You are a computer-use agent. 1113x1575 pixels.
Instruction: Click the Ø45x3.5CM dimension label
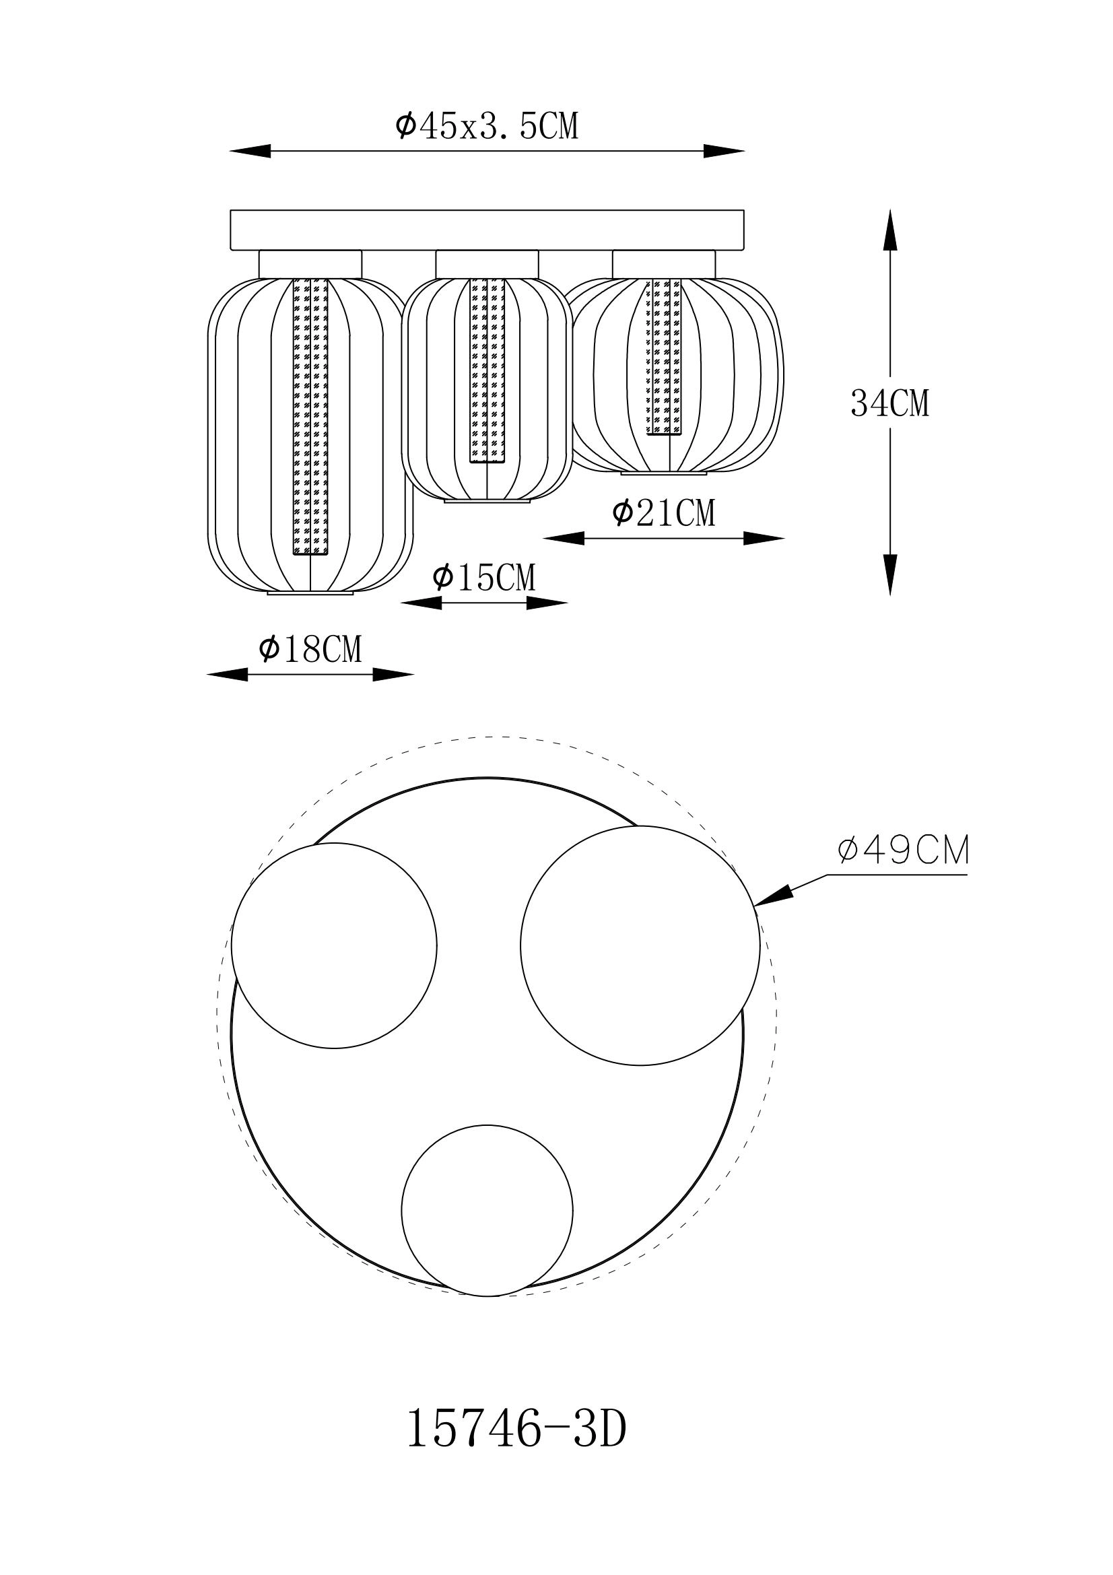tap(487, 127)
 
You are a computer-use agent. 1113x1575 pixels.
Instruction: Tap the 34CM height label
tap(889, 403)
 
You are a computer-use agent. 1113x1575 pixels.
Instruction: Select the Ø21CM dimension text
tap(663, 513)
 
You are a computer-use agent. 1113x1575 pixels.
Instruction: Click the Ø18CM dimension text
tap(310, 649)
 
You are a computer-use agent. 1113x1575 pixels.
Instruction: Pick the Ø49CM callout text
tap(903, 851)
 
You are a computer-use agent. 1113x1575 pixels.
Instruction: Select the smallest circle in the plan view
tap(487, 1211)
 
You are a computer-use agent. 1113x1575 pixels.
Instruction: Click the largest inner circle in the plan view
tap(640, 946)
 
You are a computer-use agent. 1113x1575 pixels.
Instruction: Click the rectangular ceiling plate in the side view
tap(487, 230)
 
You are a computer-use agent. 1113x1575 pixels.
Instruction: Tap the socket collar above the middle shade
tap(487, 264)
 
